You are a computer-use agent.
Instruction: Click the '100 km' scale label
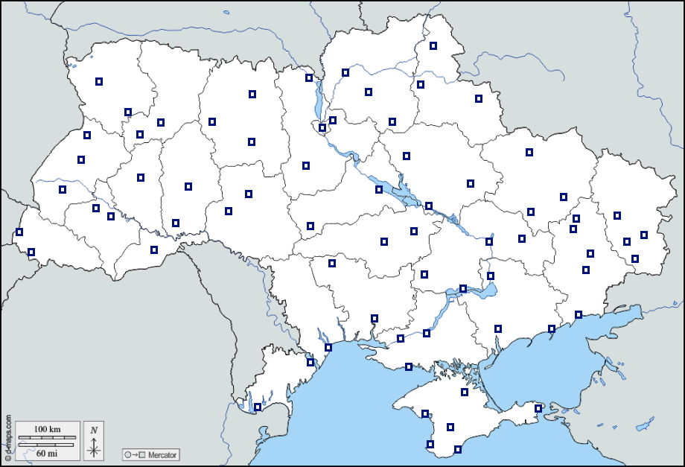[46, 429]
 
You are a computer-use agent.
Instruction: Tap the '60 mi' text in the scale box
[46, 452]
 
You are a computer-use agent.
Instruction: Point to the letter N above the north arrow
[94, 430]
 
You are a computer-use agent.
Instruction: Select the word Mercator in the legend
[162, 454]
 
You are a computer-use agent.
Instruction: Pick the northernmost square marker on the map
[433, 46]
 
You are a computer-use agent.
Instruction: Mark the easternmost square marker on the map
[644, 235]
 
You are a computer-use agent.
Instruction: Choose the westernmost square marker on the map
[19, 232]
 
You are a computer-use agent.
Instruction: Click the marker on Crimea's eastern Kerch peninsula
[538, 408]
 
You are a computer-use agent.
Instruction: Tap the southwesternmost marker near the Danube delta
[258, 407]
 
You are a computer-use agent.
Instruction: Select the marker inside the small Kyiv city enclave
[322, 127]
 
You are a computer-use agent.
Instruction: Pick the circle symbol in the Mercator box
[128, 454]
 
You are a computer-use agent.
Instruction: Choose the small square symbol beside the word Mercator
[141, 454]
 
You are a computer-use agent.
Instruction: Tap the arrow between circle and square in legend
[135, 454]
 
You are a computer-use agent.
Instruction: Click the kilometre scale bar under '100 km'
[46, 436]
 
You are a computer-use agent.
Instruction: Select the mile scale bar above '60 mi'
[46, 445]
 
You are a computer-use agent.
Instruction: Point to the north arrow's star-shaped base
[94, 449]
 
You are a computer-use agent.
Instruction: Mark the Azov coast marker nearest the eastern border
[579, 315]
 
